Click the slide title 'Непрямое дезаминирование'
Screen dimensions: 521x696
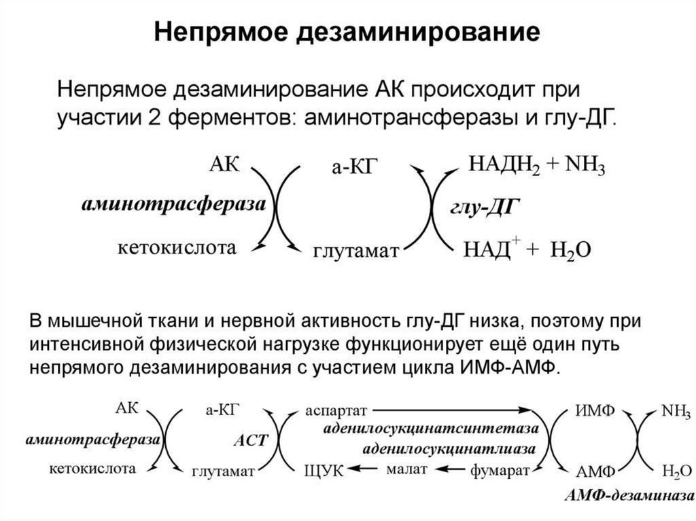pyautogui.click(x=347, y=32)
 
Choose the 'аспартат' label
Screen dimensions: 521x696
pyautogui.click(x=336, y=410)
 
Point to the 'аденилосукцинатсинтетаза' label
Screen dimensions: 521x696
pyautogui.click(x=431, y=429)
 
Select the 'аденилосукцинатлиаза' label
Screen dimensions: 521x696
pyautogui.click(x=449, y=449)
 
